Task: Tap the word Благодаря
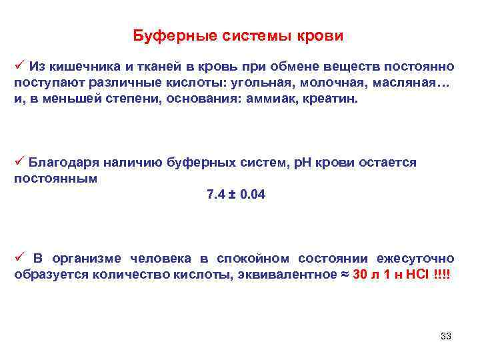point(63,162)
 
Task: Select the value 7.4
point(216,195)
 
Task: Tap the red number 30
point(360,275)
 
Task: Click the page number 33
point(446,336)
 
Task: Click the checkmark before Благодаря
point(19,161)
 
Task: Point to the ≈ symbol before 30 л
point(344,275)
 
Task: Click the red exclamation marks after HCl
point(441,275)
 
